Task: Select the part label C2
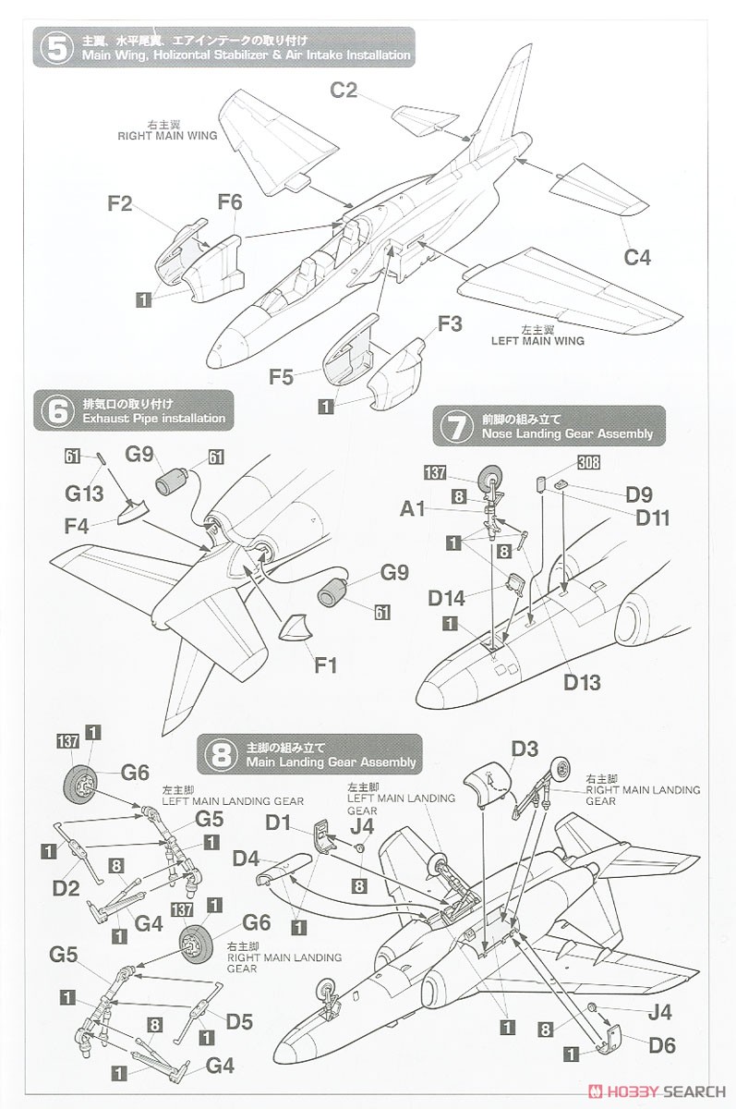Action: pos(344,91)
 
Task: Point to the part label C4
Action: pos(635,258)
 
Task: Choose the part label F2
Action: pos(120,203)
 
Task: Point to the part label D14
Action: pos(449,598)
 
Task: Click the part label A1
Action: pos(413,508)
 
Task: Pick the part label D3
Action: pos(525,749)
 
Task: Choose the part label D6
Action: pos(662,1045)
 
